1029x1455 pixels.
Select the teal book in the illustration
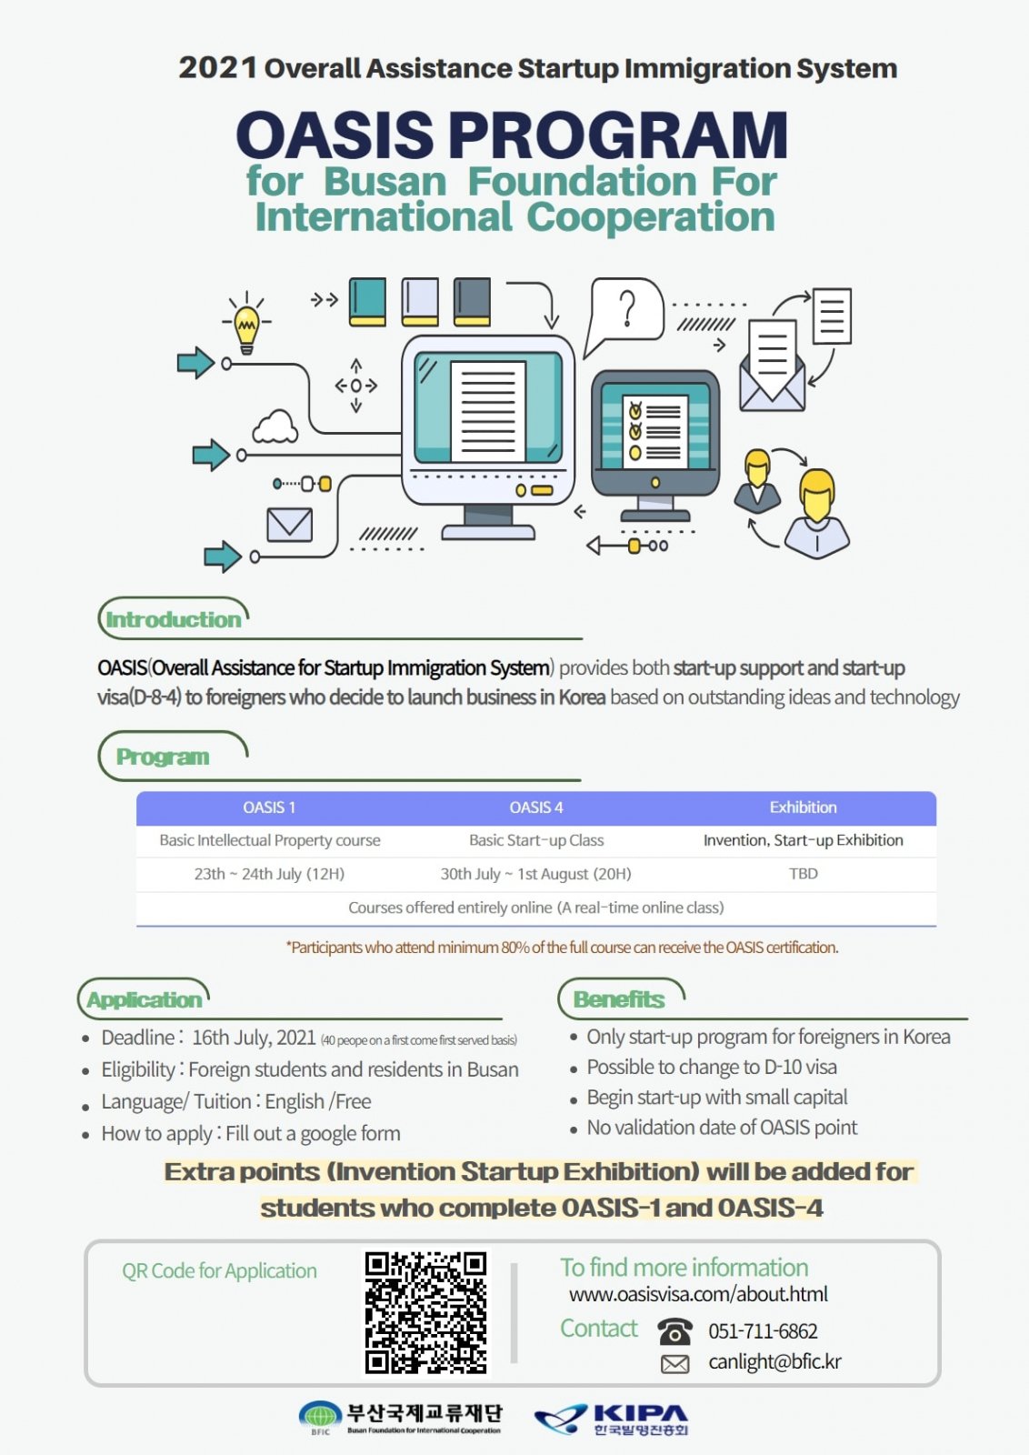click(x=367, y=302)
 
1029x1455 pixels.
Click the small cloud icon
click(x=275, y=426)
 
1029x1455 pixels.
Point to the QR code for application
click(x=425, y=1313)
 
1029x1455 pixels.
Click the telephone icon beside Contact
click(x=674, y=1331)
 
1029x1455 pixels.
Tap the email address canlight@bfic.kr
click(x=774, y=1361)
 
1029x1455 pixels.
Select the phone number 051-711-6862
click(x=763, y=1331)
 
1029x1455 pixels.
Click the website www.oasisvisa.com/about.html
click(x=698, y=1294)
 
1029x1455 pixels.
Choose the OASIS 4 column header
click(x=536, y=808)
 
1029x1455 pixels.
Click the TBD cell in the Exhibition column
click(x=803, y=874)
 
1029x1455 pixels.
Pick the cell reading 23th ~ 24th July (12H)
click(x=269, y=874)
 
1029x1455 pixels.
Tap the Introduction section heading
click(x=174, y=619)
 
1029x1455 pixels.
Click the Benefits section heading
click(x=619, y=999)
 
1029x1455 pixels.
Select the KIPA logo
click(x=612, y=1420)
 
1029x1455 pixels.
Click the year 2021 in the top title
click(x=217, y=68)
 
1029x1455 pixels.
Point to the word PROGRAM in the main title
click(x=617, y=135)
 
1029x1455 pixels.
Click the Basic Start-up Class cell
click(x=536, y=840)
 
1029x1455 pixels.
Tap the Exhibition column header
click(x=803, y=808)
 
